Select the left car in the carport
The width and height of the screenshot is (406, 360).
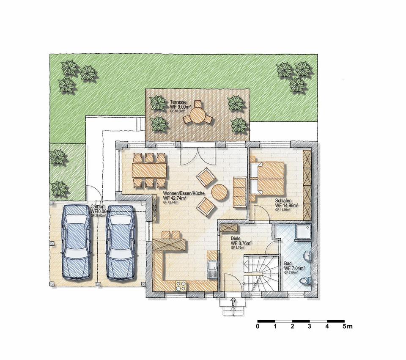(x=77, y=242)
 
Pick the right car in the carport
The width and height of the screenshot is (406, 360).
(x=121, y=242)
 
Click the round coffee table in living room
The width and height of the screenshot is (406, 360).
(x=219, y=193)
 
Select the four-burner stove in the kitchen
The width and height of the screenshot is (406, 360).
(x=181, y=286)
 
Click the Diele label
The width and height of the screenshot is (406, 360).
(x=236, y=238)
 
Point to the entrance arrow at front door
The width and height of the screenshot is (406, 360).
(x=233, y=302)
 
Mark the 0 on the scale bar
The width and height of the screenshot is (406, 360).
(x=258, y=327)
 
